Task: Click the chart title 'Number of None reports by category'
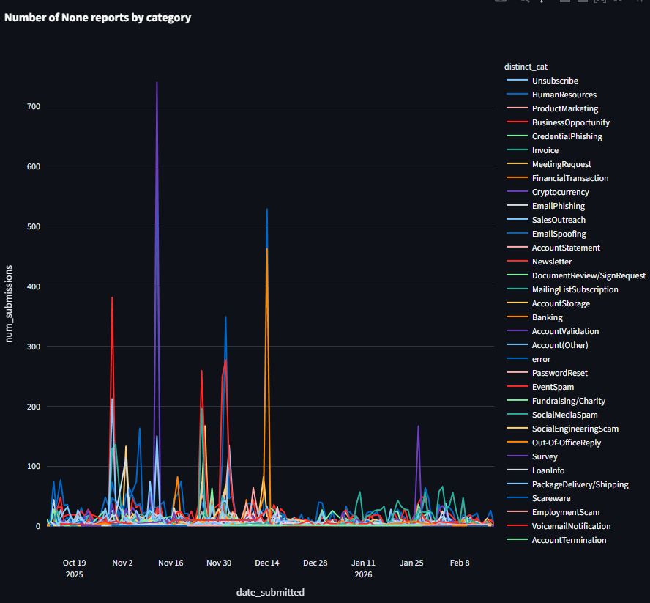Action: pos(97,18)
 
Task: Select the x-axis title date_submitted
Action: pos(270,591)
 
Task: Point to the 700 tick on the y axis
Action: pos(33,106)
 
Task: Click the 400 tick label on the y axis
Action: pos(33,286)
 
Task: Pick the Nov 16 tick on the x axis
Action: pos(171,563)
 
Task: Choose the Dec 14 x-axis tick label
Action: pos(267,563)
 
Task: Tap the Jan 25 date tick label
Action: pos(411,563)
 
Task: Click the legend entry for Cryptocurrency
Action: pos(560,192)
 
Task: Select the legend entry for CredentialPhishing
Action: pos(567,136)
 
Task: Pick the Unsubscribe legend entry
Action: pos(555,81)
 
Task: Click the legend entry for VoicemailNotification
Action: pos(571,526)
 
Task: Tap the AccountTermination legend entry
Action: pos(569,540)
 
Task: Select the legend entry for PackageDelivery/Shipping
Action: pos(580,484)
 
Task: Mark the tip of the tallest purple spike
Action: pos(157,83)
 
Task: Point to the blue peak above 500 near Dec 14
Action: pos(267,210)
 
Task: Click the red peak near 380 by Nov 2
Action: pos(112,297)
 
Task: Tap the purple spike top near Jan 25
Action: pos(418,426)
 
